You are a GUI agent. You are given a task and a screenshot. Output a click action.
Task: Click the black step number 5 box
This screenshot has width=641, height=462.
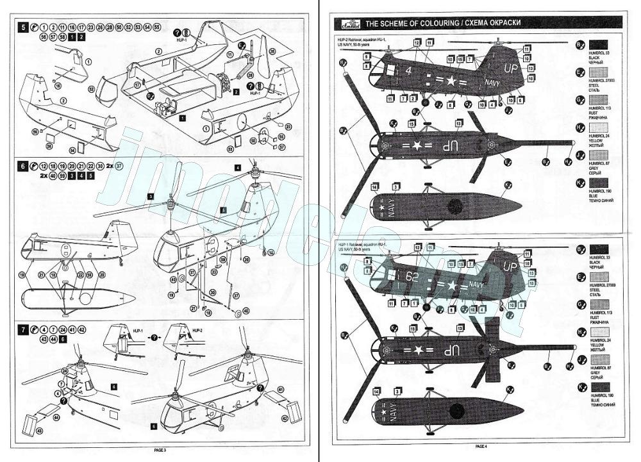(x=24, y=28)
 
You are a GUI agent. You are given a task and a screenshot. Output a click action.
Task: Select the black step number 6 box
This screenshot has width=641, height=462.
(x=24, y=165)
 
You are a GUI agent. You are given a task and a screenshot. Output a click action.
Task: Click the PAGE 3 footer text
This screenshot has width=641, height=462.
(x=160, y=450)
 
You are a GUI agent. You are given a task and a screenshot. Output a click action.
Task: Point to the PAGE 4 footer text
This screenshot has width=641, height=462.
(x=481, y=446)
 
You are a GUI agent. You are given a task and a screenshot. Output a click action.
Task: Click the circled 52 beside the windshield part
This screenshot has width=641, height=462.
(x=91, y=90)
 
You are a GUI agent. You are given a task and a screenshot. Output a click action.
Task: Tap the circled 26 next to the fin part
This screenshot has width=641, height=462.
(x=271, y=51)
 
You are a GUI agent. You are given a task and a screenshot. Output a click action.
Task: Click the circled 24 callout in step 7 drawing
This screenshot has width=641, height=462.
(x=65, y=371)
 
